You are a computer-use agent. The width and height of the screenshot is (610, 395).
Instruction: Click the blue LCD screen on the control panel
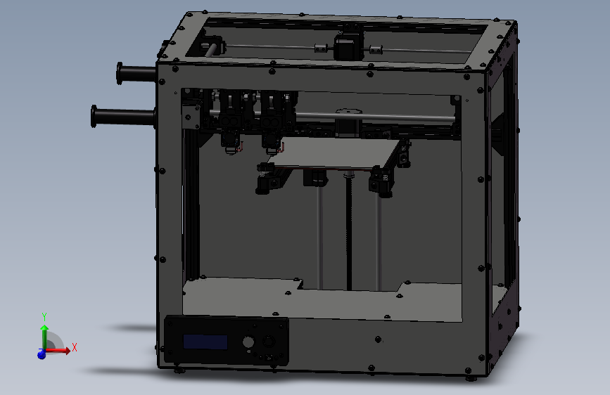tap(205, 342)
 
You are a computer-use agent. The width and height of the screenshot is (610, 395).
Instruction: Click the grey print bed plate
tap(331, 155)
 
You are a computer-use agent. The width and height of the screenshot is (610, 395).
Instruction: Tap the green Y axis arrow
tap(44, 334)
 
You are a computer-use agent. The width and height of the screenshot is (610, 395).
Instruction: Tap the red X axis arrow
tap(61, 350)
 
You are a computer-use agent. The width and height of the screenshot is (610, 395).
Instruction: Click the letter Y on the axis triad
tap(44, 316)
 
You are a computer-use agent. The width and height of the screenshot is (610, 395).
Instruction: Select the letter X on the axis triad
tap(74, 347)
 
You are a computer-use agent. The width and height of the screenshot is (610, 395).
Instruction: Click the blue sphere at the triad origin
tap(42, 355)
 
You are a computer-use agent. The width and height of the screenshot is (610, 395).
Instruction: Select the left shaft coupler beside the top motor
tap(321, 48)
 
